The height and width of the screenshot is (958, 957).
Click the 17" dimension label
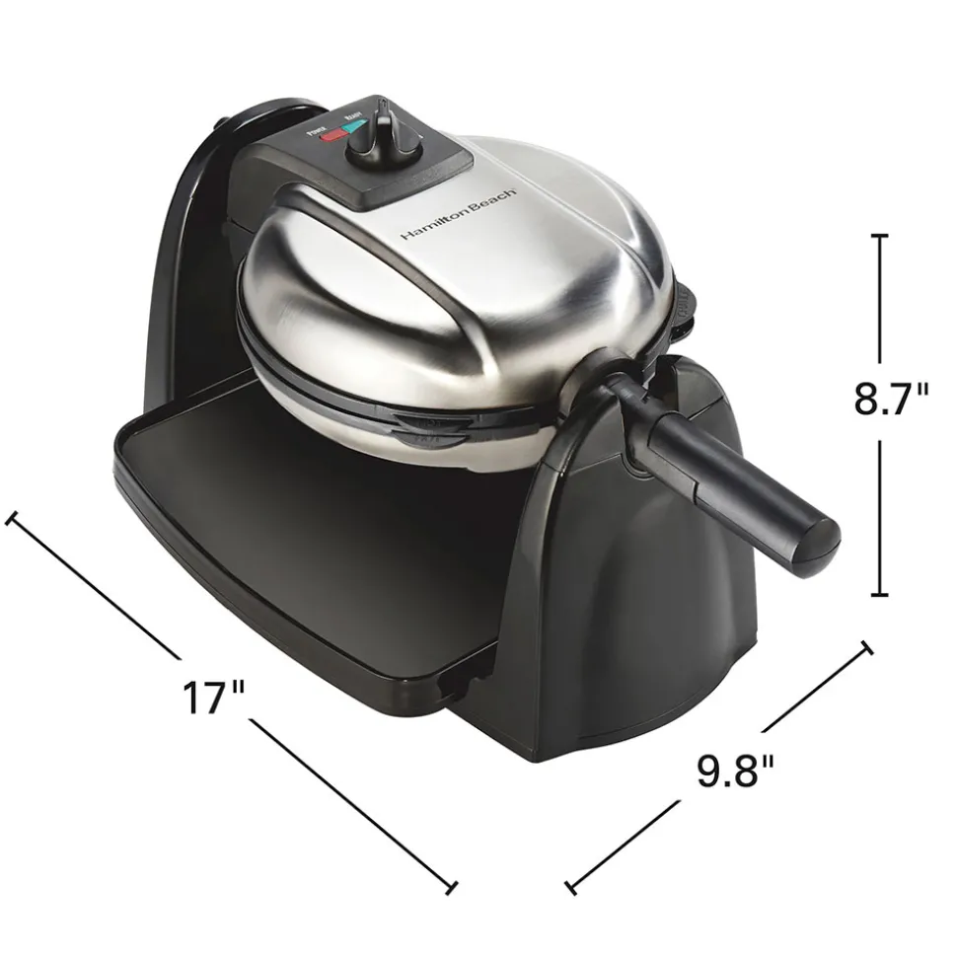point(213,697)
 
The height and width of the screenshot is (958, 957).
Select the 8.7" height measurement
point(891,401)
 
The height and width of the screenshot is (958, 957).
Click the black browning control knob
point(381,137)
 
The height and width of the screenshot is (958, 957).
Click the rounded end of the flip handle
point(818,537)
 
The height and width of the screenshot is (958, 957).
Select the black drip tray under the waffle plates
point(296,553)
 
